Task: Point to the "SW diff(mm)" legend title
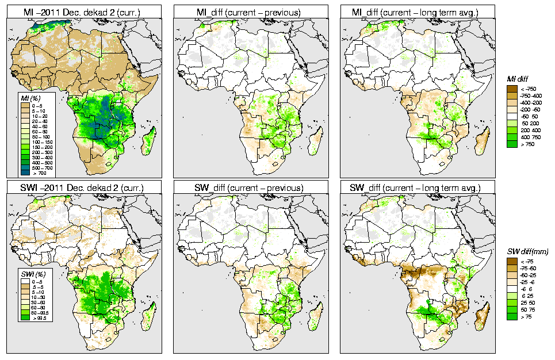527,251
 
